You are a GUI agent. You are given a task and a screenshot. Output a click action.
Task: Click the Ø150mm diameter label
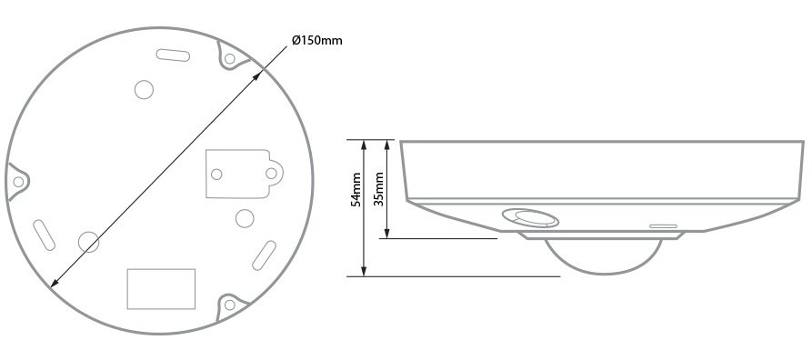coord(317,40)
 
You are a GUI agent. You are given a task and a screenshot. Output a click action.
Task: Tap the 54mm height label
coord(356,190)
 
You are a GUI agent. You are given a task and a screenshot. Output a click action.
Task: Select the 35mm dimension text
coord(379,189)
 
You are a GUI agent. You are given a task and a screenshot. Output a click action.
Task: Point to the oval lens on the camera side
coord(530,218)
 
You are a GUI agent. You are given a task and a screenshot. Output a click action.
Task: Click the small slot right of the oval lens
coord(664,225)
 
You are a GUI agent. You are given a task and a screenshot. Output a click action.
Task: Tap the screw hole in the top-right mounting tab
coord(230,58)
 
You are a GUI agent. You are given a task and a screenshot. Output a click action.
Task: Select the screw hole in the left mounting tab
coord(18,182)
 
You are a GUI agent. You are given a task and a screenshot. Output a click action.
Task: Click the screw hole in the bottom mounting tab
coord(229,305)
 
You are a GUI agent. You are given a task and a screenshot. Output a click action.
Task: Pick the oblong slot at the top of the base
coord(173,55)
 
